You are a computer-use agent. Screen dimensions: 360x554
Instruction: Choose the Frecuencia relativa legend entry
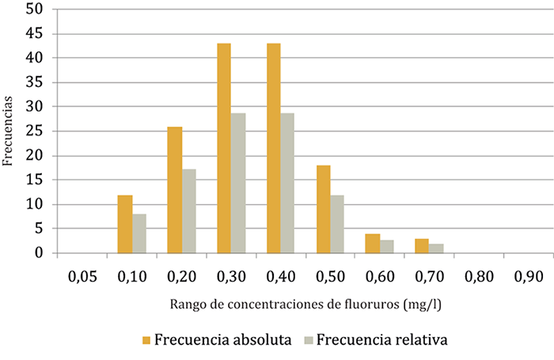pos(377,340)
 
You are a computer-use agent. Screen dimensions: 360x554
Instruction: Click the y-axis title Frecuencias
pos(8,131)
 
